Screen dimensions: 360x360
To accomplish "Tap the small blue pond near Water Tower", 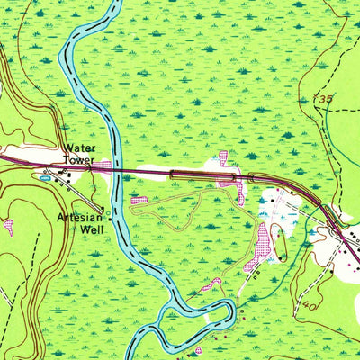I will coord(44,178).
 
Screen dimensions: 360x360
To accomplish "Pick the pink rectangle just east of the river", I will coord(139,200).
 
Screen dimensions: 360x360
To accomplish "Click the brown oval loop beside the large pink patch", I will coord(277,238).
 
